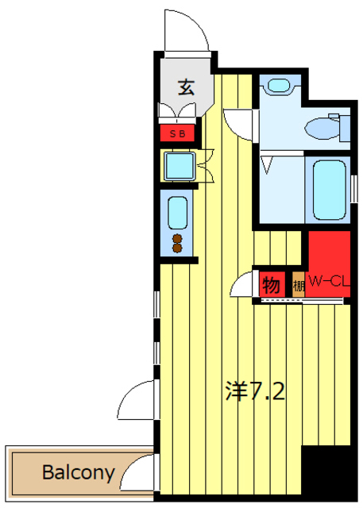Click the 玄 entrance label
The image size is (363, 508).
[185, 87]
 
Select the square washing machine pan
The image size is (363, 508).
[179, 166]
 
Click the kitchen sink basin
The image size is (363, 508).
[178, 212]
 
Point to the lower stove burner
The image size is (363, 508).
[178, 248]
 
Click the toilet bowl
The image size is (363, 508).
[326, 126]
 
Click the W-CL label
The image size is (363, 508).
[329, 280]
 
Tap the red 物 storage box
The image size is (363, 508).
[268, 283]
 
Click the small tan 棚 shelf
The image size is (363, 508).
[298, 283]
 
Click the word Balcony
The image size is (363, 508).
[79, 473]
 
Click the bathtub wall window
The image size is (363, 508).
[352, 187]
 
